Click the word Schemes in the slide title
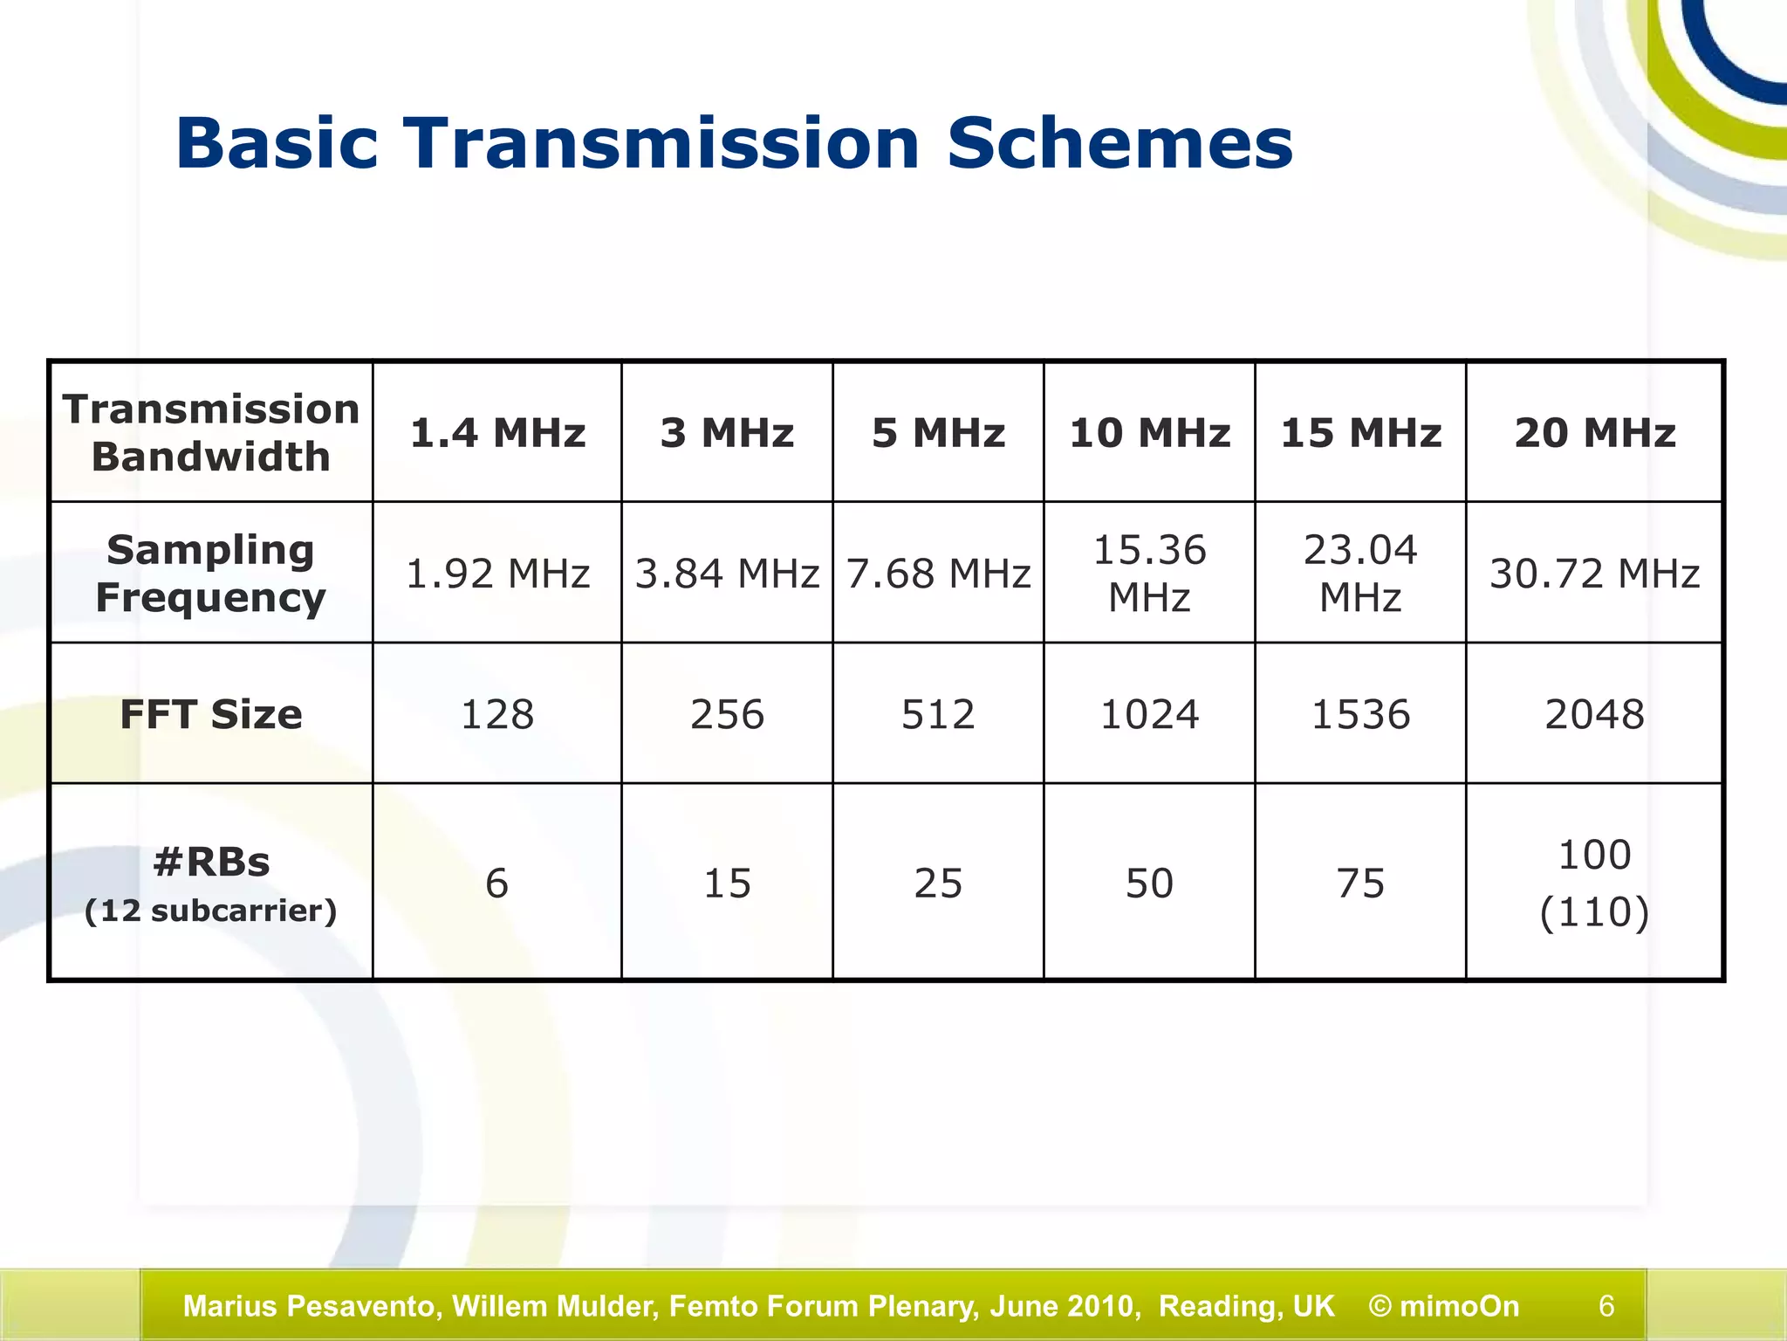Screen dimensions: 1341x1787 pyautogui.click(x=1119, y=144)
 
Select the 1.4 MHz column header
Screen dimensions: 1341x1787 pyautogui.click(x=497, y=433)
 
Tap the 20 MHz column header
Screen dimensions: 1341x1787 pyautogui.click(x=1594, y=433)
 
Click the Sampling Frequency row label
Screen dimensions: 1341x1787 pyautogui.click(x=210, y=574)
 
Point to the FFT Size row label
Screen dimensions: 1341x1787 pyautogui.click(x=210, y=714)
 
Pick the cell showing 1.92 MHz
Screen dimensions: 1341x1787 pyautogui.click(x=497, y=574)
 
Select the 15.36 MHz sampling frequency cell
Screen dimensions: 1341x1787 pyautogui.click(x=1149, y=574)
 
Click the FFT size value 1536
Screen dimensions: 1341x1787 pyautogui.click(x=1360, y=714)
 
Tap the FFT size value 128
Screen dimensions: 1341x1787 pyautogui.click(x=497, y=714)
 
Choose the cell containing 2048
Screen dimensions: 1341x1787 pyautogui.click(x=1594, y=714)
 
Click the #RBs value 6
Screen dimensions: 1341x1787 pyautogui.click(x=496, y=883)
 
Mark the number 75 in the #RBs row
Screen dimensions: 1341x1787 pyautogui.click(x=1360, y=883)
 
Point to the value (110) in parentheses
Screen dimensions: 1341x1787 pyautogui.click(x=1594, y=912)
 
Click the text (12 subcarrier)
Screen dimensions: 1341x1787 pyautogui.click(x=210, y=911)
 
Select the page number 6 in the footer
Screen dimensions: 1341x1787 pyautogui.click(x=1606, y=1306)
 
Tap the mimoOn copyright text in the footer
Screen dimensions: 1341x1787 pyautogui.click(x=1444, y=1306)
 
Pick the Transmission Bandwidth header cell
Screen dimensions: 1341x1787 pyautogui.click(x=210, y=433)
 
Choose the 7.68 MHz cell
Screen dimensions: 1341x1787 pyautogui.click(x=938, y=574)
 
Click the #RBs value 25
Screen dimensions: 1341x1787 pyautogui.click(x=938, y=883)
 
